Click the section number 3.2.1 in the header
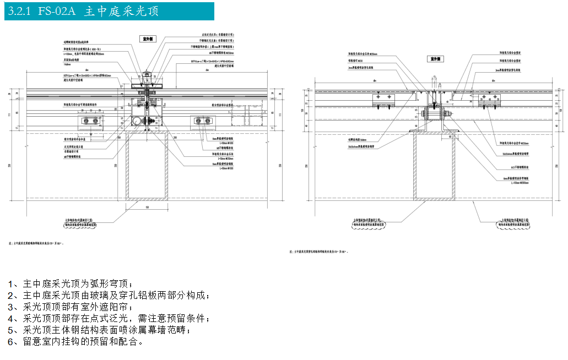pos(21,11)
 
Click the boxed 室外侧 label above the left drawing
pos(148,39)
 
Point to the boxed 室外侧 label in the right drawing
pos(435,58)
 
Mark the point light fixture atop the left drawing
pos(147,74)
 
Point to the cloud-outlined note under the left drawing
pos(80,223)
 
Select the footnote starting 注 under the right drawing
pos(320,252)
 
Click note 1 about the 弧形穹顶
pos(69,284)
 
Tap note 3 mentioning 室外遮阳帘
pos(69,307)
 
